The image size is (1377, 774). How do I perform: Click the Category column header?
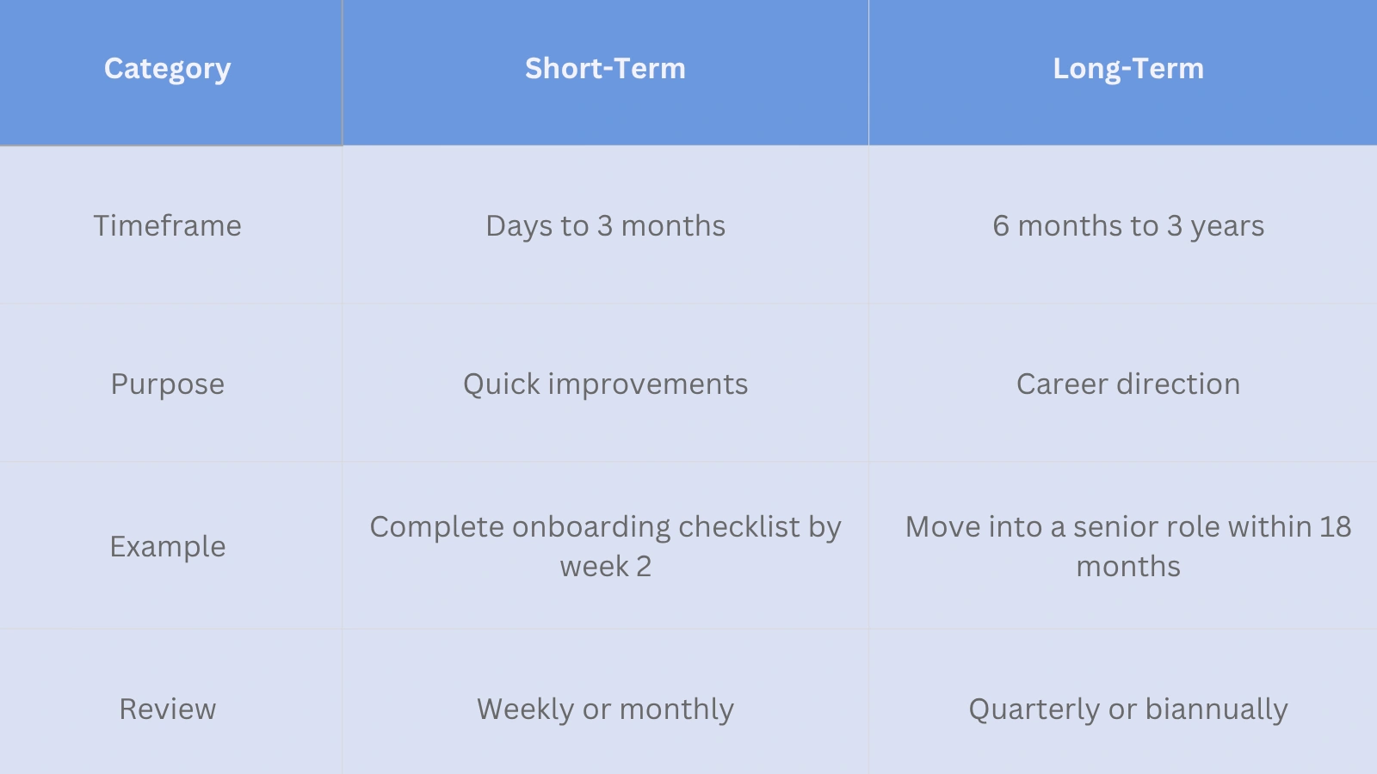(x=167, y=69)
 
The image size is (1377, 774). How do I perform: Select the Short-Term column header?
(x=605, y=69)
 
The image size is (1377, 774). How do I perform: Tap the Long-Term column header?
(x=1127, y=69)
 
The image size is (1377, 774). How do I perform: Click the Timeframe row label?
(x=167, y=225)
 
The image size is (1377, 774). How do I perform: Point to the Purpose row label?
(x=167, y=384)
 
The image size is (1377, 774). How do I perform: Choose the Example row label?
(x=167, y=546)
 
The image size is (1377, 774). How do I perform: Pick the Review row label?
(x=167, y=709)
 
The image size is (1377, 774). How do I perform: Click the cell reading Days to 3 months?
(x=605, y=225)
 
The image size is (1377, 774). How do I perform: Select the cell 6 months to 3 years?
(x=1127, y=225)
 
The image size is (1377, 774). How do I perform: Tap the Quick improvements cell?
(x=605, y=384)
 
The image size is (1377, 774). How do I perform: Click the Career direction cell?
(x=1127, y=384)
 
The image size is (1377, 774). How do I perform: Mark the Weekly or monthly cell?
(x=605, y=709)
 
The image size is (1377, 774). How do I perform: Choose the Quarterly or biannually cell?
(x=1127, y=709)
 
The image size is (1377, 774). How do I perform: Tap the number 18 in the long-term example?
(x=1335, y=526)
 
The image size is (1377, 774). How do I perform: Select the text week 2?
(x=605, y=567)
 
